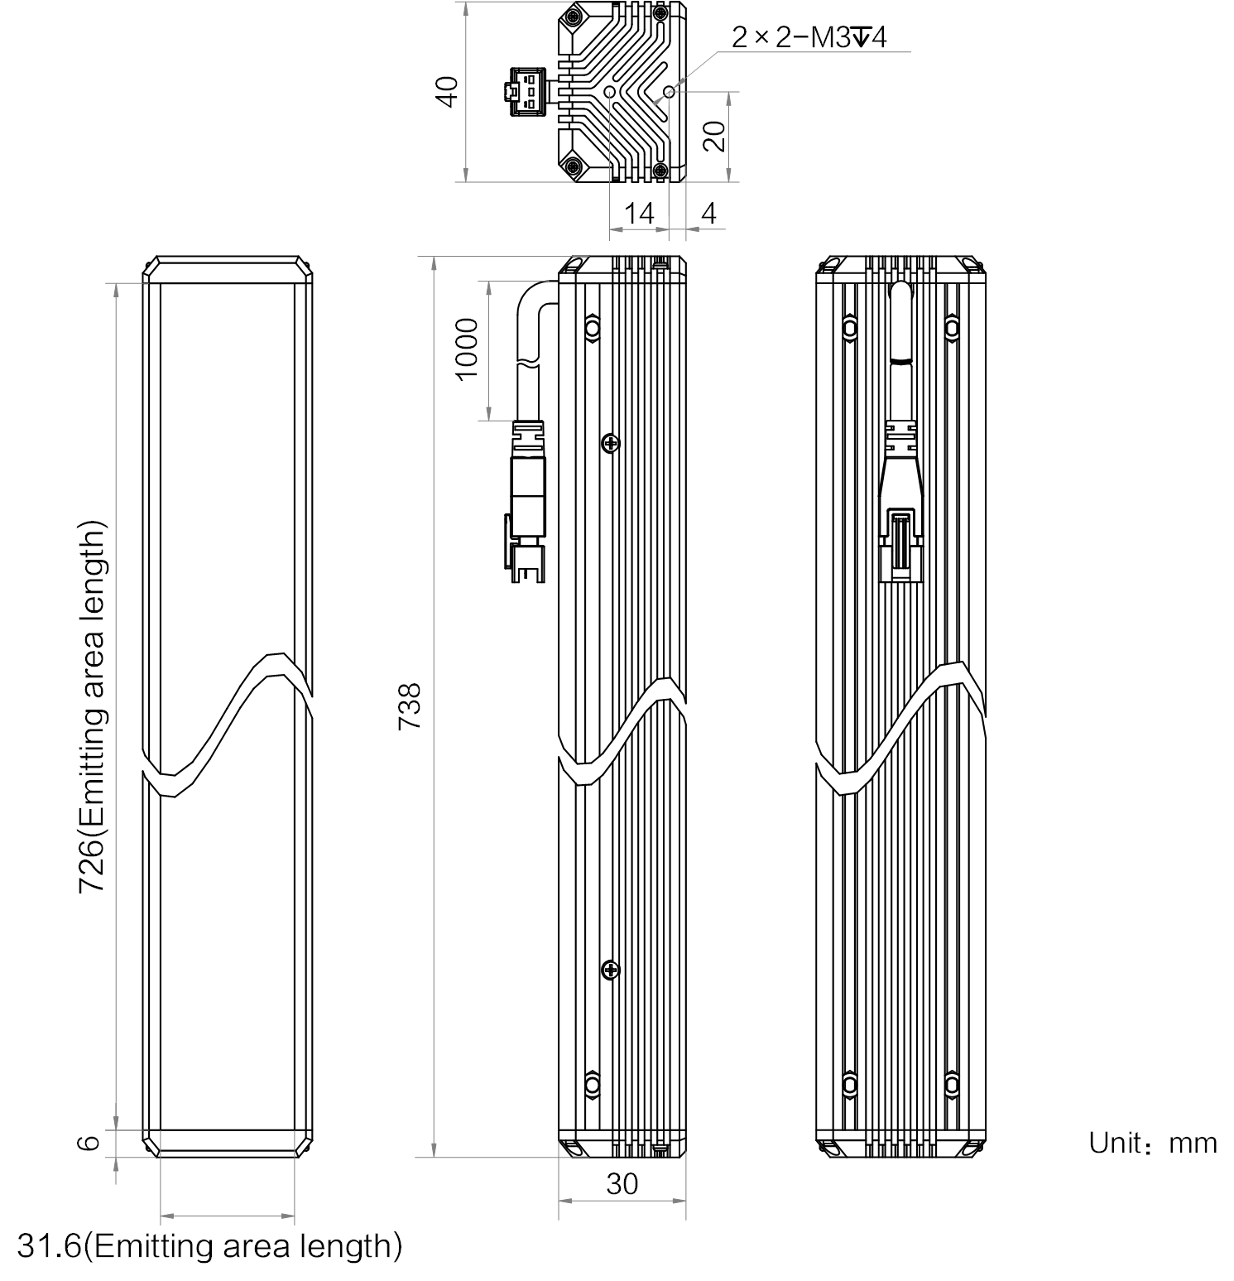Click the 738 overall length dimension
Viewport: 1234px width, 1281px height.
(411, 706)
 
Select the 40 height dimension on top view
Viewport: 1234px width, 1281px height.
(448, 91)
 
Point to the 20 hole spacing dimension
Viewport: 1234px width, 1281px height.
(718, 135)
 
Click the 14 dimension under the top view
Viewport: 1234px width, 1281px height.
(639, 214)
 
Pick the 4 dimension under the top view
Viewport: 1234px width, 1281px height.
(709, 214)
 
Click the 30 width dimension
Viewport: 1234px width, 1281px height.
(622, 1185)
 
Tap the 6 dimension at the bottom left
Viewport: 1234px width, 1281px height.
(90, 1142)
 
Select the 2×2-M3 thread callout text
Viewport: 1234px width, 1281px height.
(809, 37)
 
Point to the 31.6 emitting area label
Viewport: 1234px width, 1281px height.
(209, 1246)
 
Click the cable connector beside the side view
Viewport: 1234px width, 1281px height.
(524, 505)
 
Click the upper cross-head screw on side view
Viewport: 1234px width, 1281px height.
(611, 444)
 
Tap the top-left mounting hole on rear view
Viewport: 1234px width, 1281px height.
(850, 328)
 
